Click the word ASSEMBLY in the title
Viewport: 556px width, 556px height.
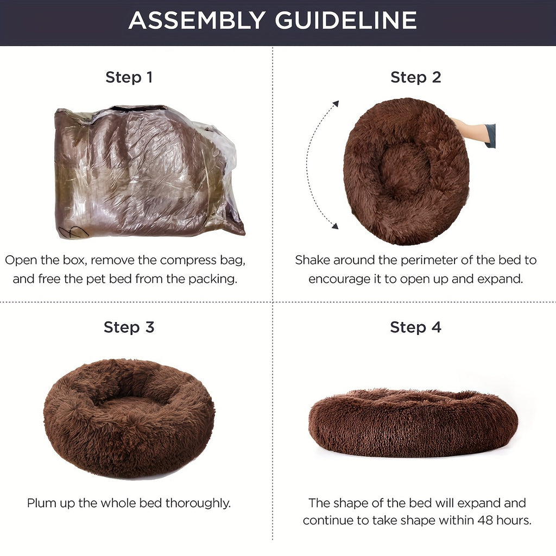197,20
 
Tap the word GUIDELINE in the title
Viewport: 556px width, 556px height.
346,20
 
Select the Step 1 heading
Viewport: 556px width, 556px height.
129,77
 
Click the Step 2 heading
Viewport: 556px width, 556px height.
415,77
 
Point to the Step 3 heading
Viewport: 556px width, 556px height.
129,327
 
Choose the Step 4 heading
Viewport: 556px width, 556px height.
415,327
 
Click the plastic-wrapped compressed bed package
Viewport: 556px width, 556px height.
149,171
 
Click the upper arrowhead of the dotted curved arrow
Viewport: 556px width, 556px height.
336,104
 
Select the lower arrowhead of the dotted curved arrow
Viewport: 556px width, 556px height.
334,226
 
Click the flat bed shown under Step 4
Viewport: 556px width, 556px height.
413,422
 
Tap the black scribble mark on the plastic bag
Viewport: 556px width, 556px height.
73,232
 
